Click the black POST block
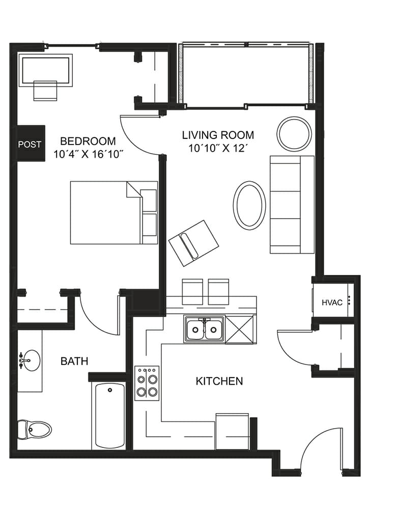tap(31, 143)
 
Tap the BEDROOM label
tap(88, 141)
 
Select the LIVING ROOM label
tap(218, 135)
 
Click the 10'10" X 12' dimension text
tap(218, 148)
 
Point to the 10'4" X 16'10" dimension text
tap(89, 154)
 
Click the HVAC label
tap(332, 302)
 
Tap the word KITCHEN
tap(219, 381)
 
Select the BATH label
tap(74, 361)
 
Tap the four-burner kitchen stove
tap(147, 383)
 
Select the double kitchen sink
tap(204, 329)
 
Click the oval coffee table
tap(249, 205)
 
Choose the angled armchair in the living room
tap(193, 243)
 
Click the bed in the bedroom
tap(114, 213)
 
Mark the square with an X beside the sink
tap(239, 329)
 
